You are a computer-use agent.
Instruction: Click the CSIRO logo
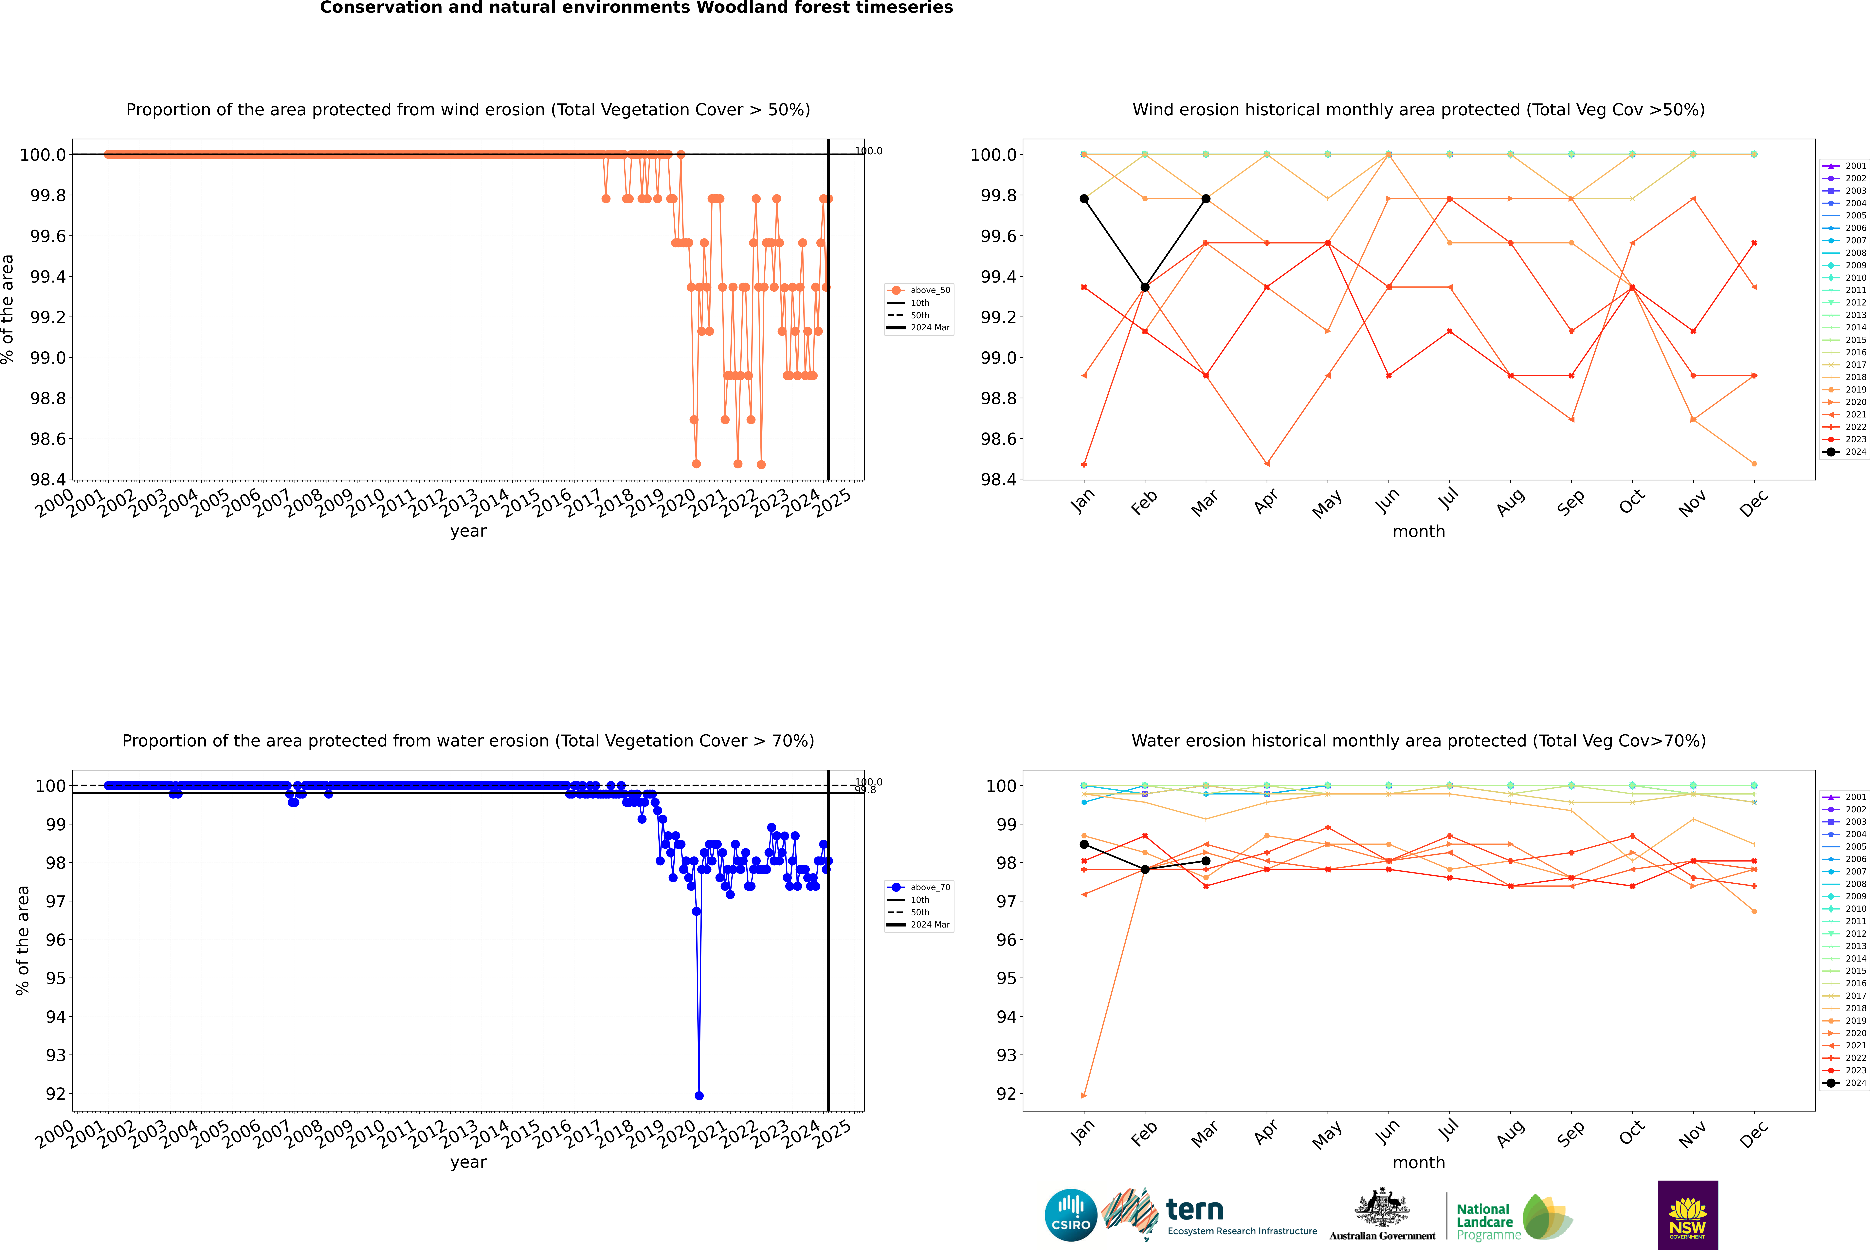pyautogui.click(x=1071, y=1215)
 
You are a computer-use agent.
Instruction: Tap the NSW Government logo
pyautogui.click(x=1687, y=1215)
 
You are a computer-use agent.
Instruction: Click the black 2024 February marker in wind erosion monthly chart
pyautogui.click(x=1145, y=287)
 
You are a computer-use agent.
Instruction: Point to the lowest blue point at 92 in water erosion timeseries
pyautogui.click(x=699, y=1095)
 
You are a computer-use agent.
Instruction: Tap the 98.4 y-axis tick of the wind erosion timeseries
pyautogui.click(x=48, y=479)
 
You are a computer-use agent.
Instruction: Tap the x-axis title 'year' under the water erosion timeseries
pyautogui.click(x=468, y=1162)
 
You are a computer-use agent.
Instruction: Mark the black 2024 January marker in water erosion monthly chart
pyautogui.click(x=1084, y=844)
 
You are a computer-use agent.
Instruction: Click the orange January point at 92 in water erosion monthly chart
pyautogui.click(x=1084, y=1095)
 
